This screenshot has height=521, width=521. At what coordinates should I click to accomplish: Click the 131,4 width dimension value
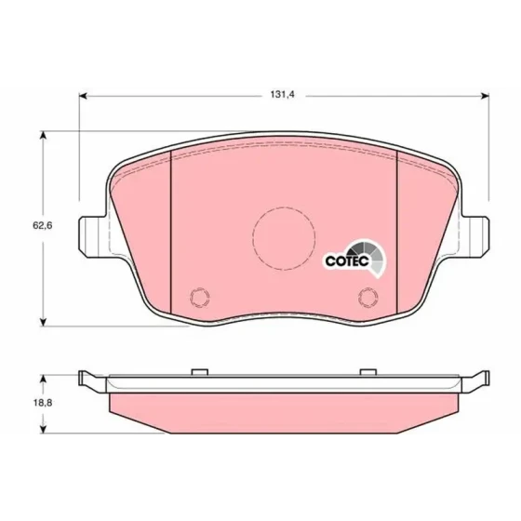(283, 95)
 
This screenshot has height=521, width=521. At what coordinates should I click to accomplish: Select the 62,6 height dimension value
(42, 225)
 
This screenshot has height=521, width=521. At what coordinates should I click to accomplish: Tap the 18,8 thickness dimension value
(43, 403)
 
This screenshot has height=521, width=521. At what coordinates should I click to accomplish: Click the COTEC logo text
(347, 261)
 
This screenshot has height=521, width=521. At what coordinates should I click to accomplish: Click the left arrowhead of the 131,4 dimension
(83, 96)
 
